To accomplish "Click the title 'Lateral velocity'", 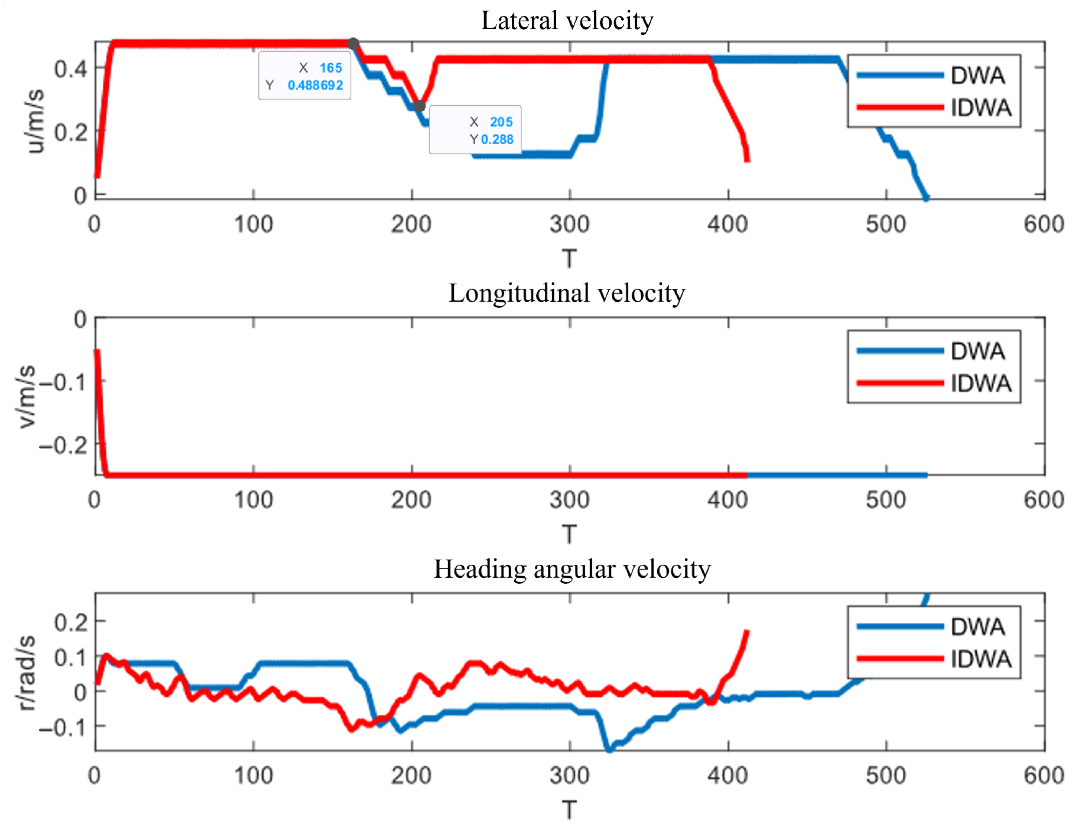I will [x=567, y=21].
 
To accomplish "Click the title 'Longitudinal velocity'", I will [x=567, y=293].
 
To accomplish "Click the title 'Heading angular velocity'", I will [x=572, y=569].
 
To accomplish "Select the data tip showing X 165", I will [x=305, y=76].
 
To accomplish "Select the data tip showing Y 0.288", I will [x=476, y=130].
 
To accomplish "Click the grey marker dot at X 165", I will [x=353, y=44].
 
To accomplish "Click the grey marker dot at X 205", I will [x=419, y=106].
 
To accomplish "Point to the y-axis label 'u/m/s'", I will [x=35, y=122].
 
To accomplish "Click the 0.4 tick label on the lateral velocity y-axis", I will [x=71, y=69].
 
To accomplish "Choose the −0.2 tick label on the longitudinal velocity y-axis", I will [x=64, y=444].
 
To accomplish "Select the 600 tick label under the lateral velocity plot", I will [x=1044, y=225].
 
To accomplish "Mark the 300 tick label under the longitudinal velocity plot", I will [x=569, y=500].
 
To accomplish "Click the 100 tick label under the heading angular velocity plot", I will [x=254, y=775].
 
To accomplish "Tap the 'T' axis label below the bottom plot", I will [x=569, y=810].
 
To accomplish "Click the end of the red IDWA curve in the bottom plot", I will [x=747, y=632].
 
